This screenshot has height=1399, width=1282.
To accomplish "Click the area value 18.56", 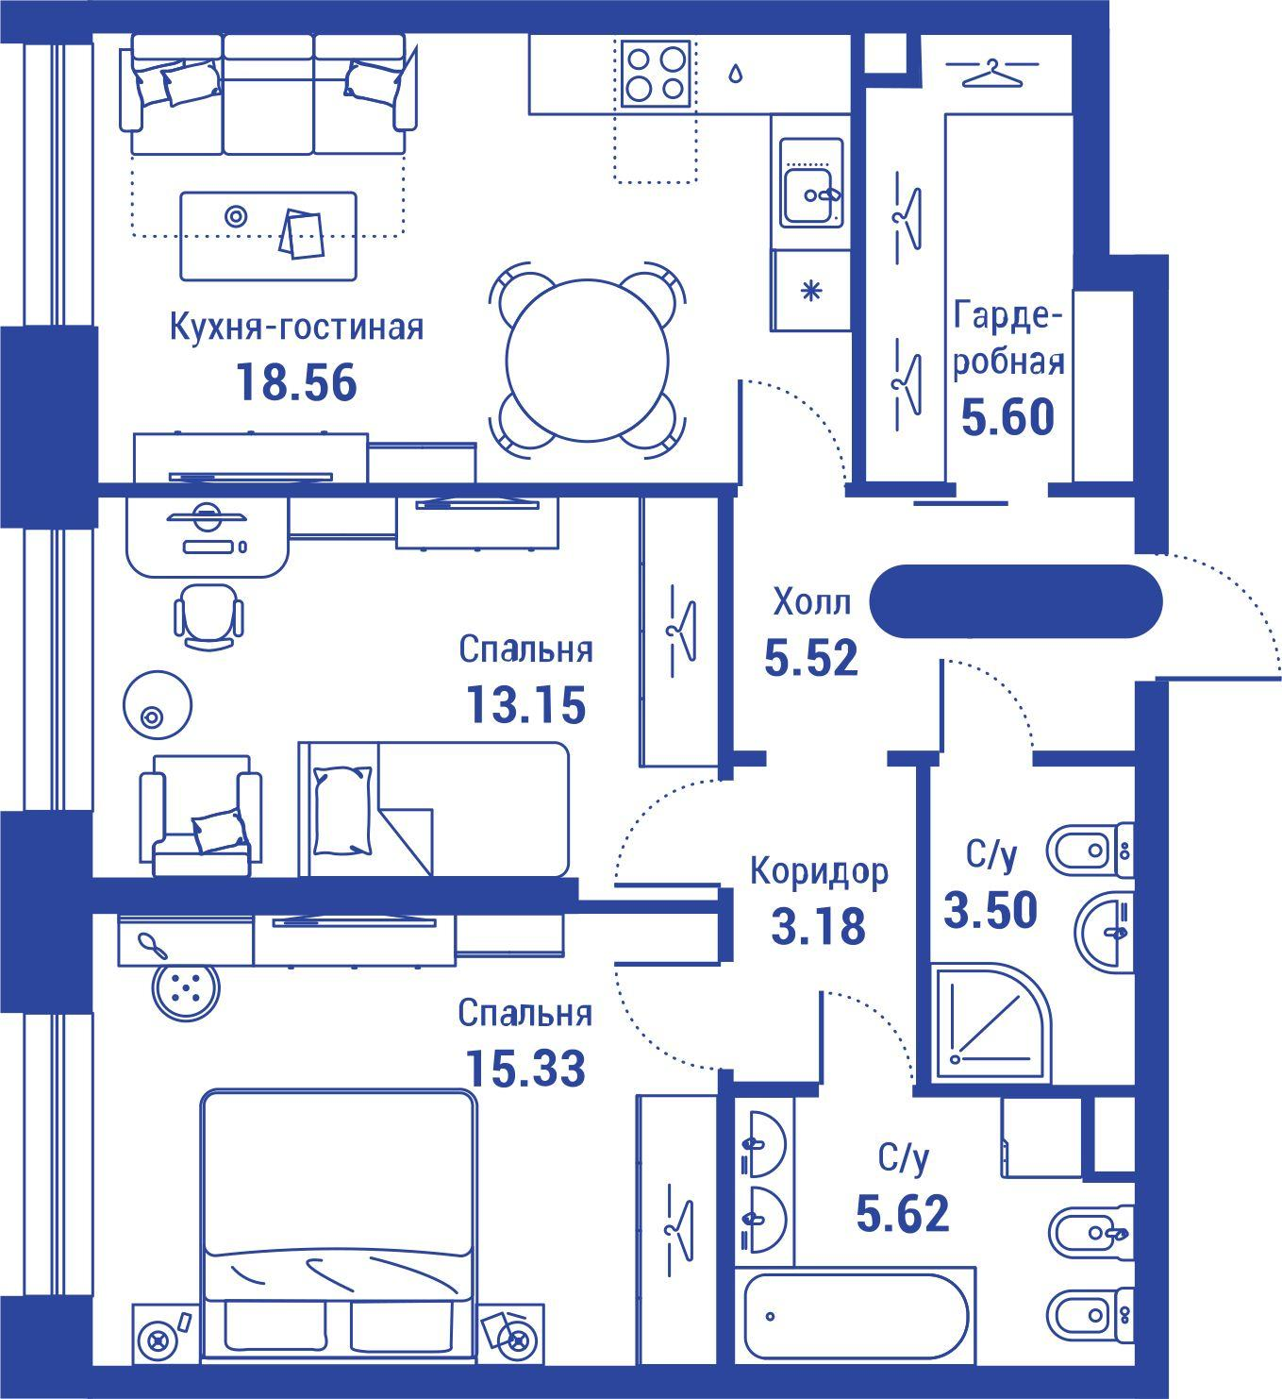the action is [297, 383].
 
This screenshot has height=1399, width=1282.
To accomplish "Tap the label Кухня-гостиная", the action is [297, 327].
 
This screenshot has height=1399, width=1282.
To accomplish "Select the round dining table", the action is [587, 361].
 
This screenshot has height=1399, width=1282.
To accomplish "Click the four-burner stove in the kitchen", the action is [656, 74].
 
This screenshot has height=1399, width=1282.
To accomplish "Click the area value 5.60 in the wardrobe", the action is [1007, 417].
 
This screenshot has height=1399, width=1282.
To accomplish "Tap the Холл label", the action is [812, 602].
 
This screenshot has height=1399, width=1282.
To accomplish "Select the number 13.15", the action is [525, 704].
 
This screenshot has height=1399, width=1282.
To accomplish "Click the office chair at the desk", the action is [208, 615].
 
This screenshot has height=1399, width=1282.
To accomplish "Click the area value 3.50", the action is [991, 910].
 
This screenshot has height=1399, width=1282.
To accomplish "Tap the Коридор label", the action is [819, 871].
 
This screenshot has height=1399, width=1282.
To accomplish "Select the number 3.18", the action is [819, 926].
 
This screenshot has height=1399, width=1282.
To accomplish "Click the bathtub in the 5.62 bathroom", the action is [856, 1317].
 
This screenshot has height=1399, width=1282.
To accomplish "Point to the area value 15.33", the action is [524, 1069].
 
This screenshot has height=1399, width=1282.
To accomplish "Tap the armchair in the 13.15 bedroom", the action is [202, 816].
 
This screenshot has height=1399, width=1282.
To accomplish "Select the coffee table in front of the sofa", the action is [269, 236].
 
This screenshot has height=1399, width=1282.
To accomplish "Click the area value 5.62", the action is [903, 1213].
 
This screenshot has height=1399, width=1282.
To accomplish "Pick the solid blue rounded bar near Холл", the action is [1016, 601].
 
